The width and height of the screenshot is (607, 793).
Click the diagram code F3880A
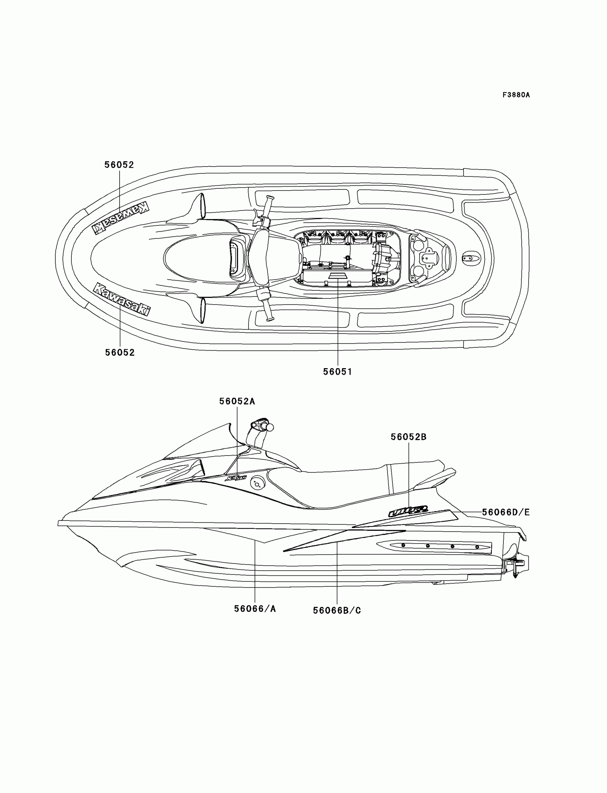coord(516,95)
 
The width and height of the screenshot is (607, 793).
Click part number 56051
coord(337,371)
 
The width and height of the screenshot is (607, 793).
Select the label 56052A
coord(237,401)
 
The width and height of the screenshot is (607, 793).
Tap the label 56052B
coord(408,437)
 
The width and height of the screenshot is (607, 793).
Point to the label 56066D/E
coord(506,512)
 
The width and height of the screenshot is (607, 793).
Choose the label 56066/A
coord(255,609)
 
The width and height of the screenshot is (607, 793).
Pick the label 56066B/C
coord(337,610)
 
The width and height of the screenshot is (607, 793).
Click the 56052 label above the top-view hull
coord(119,165)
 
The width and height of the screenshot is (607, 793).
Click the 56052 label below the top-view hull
coord(120,352)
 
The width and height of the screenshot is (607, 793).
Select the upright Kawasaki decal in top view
coord(122,300)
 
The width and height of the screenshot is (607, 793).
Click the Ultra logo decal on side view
coord(408,510)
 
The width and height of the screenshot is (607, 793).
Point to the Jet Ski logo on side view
coord(236,478)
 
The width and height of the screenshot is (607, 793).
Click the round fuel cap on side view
coord(257,483)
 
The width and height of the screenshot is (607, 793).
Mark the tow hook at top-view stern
coord(472,258)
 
